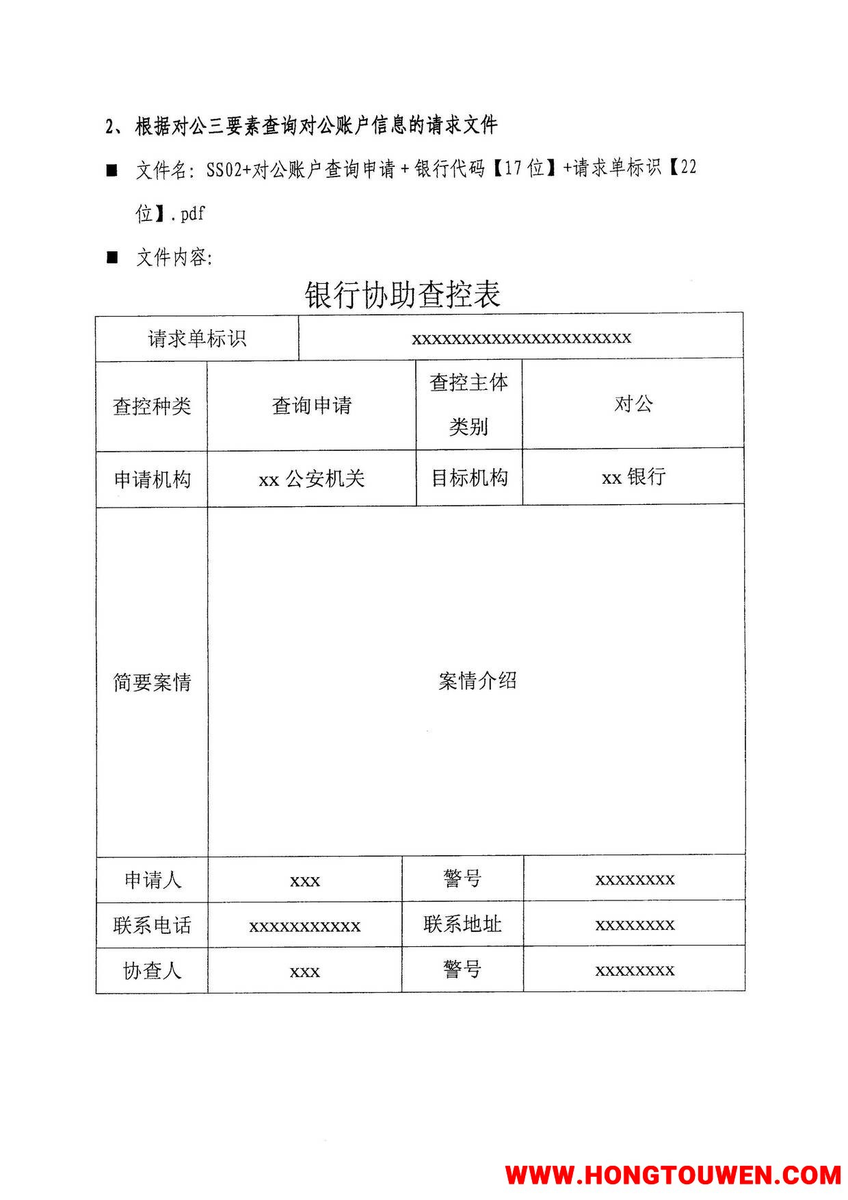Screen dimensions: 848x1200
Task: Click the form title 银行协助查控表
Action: (403, 295)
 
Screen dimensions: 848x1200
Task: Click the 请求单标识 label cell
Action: (197, 339)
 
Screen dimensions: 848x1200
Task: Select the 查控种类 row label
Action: (152, 406)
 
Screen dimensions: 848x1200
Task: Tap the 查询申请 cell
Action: (312, 406)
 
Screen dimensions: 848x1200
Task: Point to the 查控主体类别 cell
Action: (469, 404)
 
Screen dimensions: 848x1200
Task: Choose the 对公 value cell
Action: (633, 404)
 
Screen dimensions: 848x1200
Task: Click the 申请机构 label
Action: (152, 479)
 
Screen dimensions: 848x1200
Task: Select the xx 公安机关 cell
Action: (312, 479)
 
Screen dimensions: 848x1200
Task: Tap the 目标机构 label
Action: (469, 478)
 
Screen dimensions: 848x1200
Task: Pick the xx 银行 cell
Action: (633, 477)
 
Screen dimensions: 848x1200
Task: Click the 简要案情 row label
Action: (152, 682)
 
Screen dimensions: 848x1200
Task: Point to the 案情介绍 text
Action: (477, 681)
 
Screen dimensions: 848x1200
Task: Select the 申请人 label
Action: (153, 880)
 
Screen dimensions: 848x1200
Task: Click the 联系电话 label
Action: (152, 926)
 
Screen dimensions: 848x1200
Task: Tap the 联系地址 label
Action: (462, 924)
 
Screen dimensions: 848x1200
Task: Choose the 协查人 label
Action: (152, 971)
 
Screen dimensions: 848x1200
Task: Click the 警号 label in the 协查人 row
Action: (462, 969)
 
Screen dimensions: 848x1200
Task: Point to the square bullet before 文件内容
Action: (112, 258)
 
